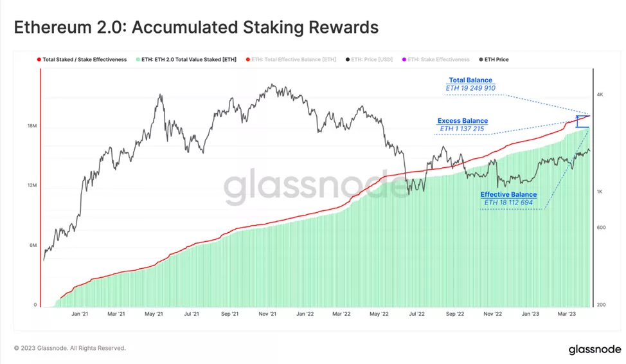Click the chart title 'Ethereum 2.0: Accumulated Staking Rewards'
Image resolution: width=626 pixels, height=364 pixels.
click(x=196, y=28)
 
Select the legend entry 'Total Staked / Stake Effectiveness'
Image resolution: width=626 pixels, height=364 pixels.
click(x=84, y=59)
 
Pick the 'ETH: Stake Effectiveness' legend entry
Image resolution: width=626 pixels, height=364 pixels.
click(x=440, y=59)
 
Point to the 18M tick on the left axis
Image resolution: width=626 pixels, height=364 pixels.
click(x=31, y=126)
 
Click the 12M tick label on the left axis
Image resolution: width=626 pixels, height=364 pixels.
click(x=31, y=186)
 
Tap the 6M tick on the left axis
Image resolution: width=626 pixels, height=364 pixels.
click(x=31, y=246)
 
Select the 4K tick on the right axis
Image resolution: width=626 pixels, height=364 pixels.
click(x=599, y=95)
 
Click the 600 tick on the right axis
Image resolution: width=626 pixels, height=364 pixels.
click(x=600, y=227)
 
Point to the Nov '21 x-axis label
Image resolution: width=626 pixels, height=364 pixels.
click(x=267, y=314)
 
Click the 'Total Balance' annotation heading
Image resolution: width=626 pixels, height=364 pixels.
click(x=470, y=80)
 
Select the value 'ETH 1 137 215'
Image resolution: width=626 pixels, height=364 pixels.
click(x=462, y=129)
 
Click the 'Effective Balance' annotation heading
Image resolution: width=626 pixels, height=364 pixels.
click(x=508, y=195)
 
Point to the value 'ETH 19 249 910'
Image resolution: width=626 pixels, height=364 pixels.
click(x=470, y=89)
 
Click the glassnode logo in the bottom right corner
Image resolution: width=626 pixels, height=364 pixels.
click(x=593, y=350)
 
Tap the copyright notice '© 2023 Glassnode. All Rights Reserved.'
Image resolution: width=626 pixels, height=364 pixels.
click(x=70, y=348)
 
